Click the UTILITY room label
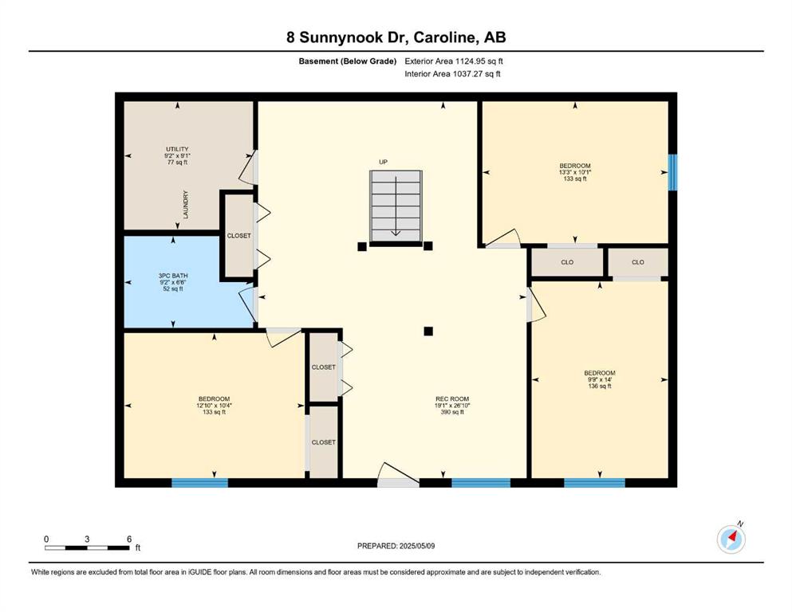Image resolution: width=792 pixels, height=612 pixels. (177, 149)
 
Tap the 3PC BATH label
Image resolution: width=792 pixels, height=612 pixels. (173, 276)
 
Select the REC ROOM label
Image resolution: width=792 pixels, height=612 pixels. (452, 399)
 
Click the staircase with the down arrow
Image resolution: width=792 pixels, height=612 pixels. (396, 208)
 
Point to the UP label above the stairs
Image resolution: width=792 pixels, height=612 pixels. (384, 162)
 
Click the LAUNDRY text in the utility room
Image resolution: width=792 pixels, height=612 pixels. (185, 204)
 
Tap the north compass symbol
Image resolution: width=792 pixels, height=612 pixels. (731, 539)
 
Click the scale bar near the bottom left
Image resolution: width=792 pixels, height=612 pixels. (86, 547)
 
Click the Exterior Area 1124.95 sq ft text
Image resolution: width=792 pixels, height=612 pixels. (454, 61)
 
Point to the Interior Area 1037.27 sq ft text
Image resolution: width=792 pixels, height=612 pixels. (452, 73)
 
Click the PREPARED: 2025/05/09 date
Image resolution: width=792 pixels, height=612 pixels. (396, 546)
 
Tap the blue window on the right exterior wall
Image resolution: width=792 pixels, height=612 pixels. (673, 173)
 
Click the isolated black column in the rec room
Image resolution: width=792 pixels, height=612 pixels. (428, 331)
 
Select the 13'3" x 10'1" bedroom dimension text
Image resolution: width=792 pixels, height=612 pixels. (575, 172)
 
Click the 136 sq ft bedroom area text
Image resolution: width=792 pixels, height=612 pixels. (600, 386)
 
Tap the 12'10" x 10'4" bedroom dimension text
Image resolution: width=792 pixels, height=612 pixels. (215, 405)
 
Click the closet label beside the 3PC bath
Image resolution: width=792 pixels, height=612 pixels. (239, 236)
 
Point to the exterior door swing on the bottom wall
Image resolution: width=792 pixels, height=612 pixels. (399, 474)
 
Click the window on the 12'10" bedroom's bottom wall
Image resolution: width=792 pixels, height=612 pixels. (200, 483)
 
